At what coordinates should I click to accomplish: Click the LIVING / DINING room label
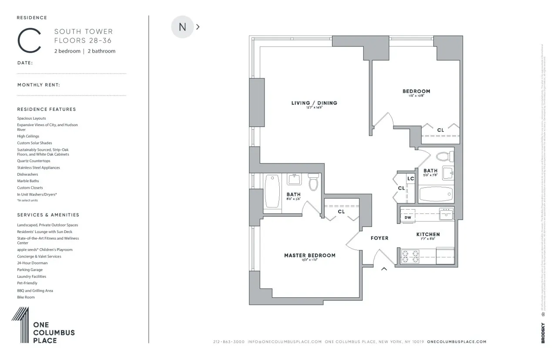[x=314, y=103]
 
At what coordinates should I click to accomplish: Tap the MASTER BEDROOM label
[x=310, y=255]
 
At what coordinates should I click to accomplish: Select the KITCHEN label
[x=428, y=234]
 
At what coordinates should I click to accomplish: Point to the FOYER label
[x=379, y=238]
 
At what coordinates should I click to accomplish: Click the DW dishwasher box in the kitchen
[x=408, y=217]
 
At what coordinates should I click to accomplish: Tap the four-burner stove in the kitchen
[x=409, y=256]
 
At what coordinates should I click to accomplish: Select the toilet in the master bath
[x=313, y=183]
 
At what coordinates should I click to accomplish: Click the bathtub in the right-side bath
[x=436, y=194]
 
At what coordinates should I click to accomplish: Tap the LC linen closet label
[x=410, y=179]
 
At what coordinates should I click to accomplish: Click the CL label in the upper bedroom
[x=440, y=130]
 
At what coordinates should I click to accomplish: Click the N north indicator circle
[x=182, y=27]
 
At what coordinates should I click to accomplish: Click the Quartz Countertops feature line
[x=34, y=161]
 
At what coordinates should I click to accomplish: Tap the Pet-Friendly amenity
[x=27, y=283]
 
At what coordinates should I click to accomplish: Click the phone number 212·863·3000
[x=229, y=342]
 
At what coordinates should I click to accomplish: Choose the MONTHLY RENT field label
[x=38, y=85]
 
